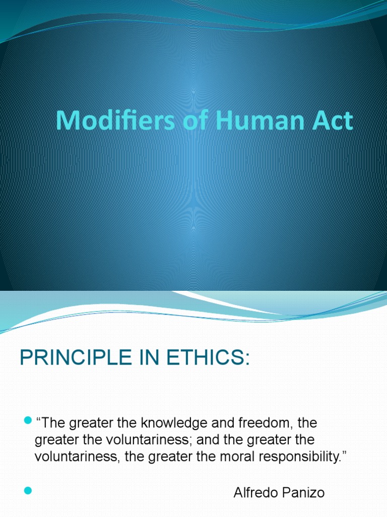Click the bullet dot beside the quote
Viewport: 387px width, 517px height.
pyautogui.click(x=27, y=421)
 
